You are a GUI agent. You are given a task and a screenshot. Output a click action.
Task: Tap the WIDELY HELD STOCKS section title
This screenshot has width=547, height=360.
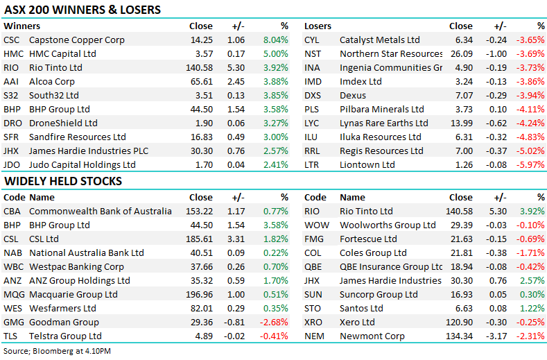click(62, 181)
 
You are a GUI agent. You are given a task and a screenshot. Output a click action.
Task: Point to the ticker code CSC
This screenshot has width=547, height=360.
click(12, 40)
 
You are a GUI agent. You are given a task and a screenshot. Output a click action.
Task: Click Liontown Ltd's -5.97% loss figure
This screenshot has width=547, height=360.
click(530, 164)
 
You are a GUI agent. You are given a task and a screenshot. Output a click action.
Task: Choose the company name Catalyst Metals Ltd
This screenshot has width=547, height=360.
click(379, 40)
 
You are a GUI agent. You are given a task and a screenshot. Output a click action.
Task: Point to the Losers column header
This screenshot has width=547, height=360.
click(318, 26)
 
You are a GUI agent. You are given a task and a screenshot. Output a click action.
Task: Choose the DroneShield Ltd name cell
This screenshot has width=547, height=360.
click(63, 123)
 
